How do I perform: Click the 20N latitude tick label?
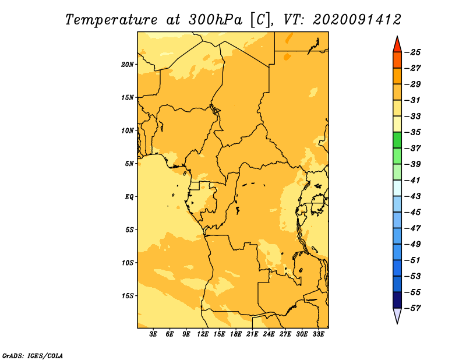pos(127,65)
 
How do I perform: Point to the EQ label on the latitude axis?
pos(129,197)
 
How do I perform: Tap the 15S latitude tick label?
pos(127,296)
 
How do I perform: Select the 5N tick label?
pos(129,164)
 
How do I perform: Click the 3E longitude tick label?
pos(153,334)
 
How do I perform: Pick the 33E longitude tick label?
pos(318,334)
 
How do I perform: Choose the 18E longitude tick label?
pos(236,334)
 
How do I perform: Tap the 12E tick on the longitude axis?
pos(203,334)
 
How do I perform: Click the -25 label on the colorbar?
pos(412,52)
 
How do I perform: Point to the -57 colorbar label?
pos(412,308)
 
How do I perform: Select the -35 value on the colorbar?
pos(412,132)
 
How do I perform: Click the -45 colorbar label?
pos(412,212)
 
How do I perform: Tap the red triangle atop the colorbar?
pos(397,45)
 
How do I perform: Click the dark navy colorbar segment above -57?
pos(397,300)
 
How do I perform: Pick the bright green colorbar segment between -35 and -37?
pos(397,140)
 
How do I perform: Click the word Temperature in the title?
pos(111,20)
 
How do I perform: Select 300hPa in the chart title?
pos(215,20)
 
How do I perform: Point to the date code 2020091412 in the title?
pos(357,20)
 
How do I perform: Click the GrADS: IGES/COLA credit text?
pos(33,356)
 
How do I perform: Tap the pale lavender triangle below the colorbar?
pos(397,315)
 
